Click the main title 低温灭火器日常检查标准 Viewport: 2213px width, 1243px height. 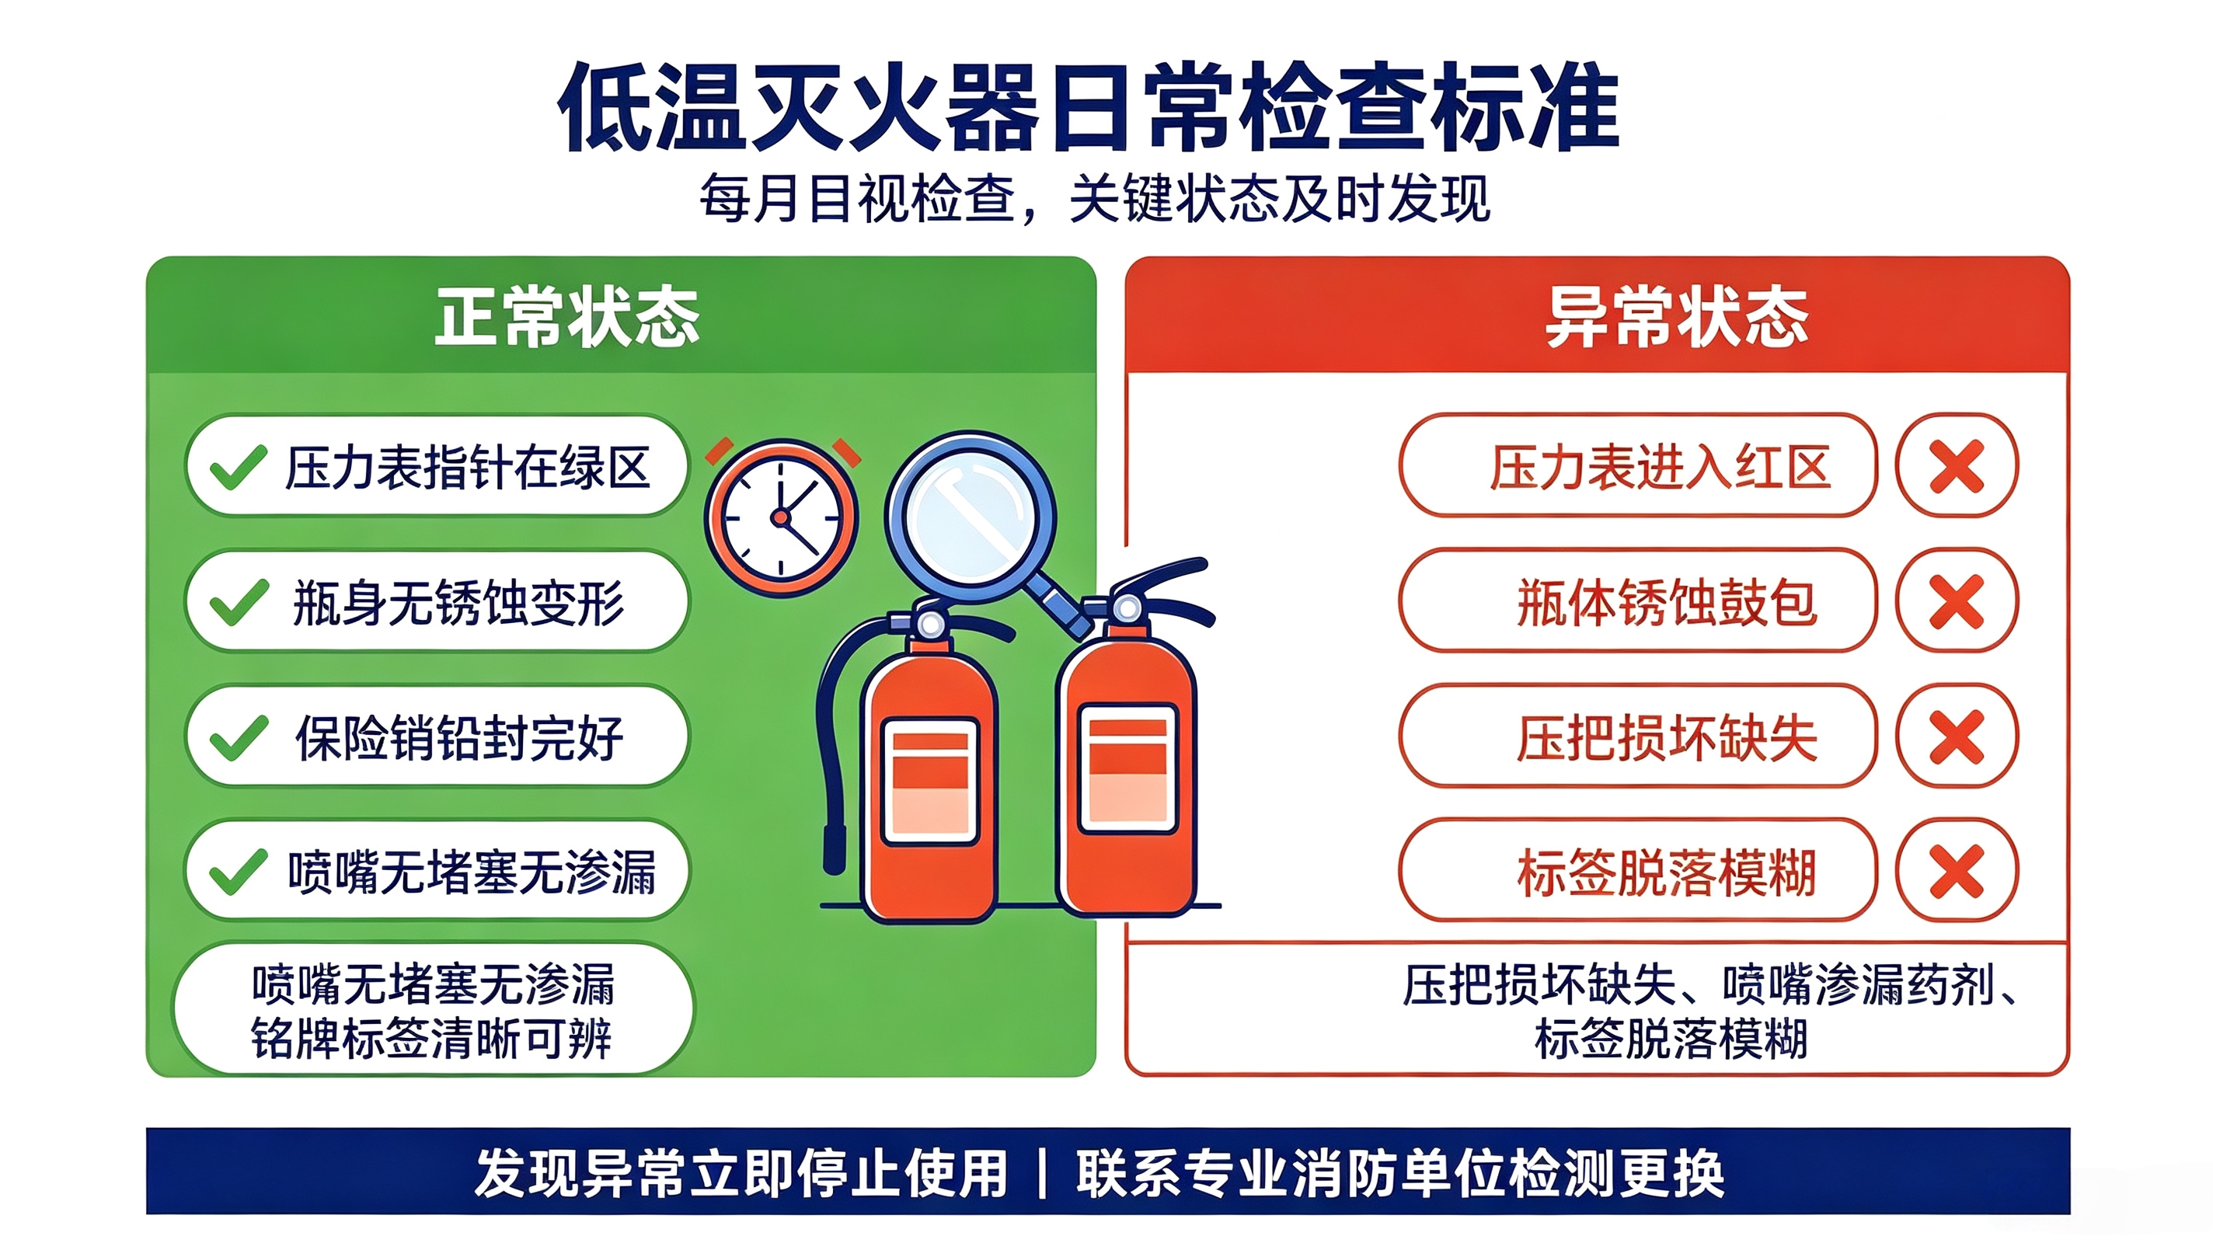tap(1089, 106)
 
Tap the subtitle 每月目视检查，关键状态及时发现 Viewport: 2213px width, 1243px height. tap(1095, 198)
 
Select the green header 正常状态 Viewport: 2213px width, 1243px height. tap(567, 317)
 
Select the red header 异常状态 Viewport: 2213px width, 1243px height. tap(1677, 317)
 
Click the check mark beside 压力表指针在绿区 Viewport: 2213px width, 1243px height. tap(239, 468)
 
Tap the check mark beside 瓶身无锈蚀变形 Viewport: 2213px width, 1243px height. tap(239, 602)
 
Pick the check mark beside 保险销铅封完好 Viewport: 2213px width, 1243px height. tap(239, 738)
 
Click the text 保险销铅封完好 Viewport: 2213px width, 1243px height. tap(459, 738)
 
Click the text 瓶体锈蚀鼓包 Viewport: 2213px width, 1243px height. tap(1668, 602)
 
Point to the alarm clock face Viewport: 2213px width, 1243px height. tap(781, 518)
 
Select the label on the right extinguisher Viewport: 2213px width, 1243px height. tap(1128, 769)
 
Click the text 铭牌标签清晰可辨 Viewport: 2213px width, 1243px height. tap(431, 1039)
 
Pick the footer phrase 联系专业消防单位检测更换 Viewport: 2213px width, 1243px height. tap(1400, 1173)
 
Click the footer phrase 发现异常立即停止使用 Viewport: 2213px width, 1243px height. tap(741, 1173)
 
